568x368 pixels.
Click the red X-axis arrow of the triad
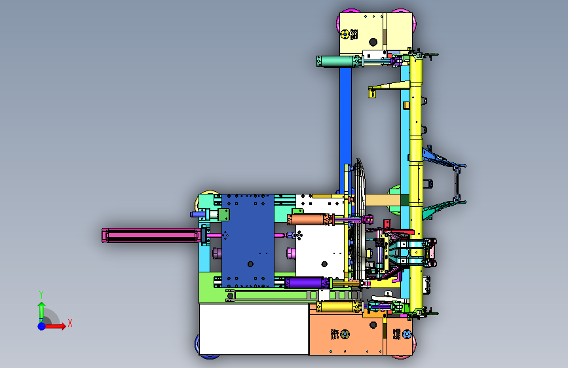pos(54,326)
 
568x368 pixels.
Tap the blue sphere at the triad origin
pos(42,326)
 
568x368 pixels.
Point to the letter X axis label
pos(70,323)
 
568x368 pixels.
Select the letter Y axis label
pos(41,295)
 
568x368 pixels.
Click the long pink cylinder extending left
pos(151,236)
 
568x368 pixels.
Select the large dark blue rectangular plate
pos(248,241)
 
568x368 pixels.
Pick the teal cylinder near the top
pos(337,61)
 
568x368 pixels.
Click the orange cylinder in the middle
pos(308,219)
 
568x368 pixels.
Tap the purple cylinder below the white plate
pos(306,283)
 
